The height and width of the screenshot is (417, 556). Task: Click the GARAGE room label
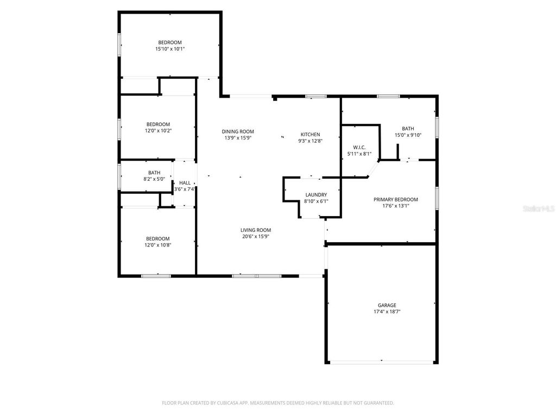pyautogui.click(x=387, y=305)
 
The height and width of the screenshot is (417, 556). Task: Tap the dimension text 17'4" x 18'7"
pyautogui.click(x=387, y=312)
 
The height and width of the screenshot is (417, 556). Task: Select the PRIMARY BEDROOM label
pyautogui.click(x=396, y=199)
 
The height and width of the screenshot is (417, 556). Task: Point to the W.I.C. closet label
pyautogui.click(x=359, y=147)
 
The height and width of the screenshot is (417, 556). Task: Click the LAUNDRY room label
pyautogui.click(x=316, y=195)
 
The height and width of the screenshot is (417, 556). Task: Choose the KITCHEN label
pyautogui.click(x=311, y=134)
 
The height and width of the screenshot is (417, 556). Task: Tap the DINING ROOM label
pyautogui.click(x=238, y=131)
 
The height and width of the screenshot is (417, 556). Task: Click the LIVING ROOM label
pyautogui.click(x=256, y=230)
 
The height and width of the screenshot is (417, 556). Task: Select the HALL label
pyautogui.click(x=185, y=183)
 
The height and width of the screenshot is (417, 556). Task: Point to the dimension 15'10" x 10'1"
pyautogui.click(x=170, y=49)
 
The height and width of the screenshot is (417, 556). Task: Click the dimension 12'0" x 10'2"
pyautogui.click(x=158, y=130)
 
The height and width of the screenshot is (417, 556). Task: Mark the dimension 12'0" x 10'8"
pyautogui.click(x=157, y=245)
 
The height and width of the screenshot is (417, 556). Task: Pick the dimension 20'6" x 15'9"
pyautogui.click(x=256, y=236)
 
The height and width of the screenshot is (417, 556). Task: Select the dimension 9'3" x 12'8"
pyautogui.click(x=311, y=141)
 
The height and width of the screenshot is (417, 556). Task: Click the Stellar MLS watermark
pyautogui.click(x=538, y=208)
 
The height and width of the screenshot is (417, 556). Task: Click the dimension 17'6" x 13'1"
pyautogui.click(x=396, y=206)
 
